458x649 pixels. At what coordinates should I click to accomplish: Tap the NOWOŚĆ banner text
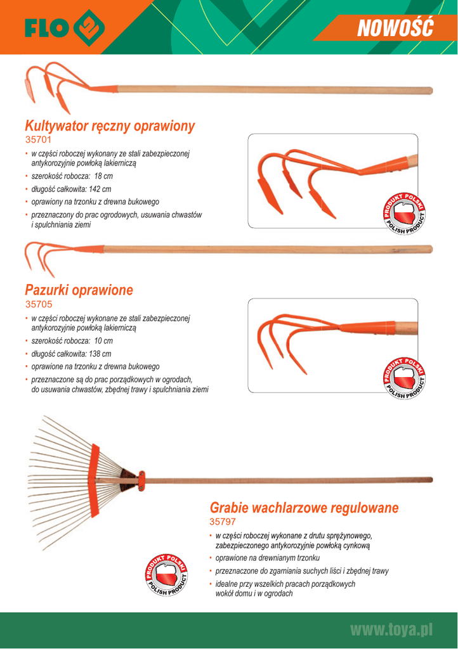click(x=394, y=27)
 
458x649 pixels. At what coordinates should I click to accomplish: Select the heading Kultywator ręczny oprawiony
click(x=109, y=125)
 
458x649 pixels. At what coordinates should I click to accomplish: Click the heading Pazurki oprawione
click(x=79, y=290)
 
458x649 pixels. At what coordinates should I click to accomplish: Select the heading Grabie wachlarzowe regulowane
click(x=304, y=508)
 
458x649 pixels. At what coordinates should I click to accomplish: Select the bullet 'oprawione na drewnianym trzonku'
click(x=267, y=558)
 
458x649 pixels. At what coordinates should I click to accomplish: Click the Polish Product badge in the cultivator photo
click(x=404, y=212)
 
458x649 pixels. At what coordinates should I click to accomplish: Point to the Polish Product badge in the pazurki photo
click(x=404, y=377)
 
